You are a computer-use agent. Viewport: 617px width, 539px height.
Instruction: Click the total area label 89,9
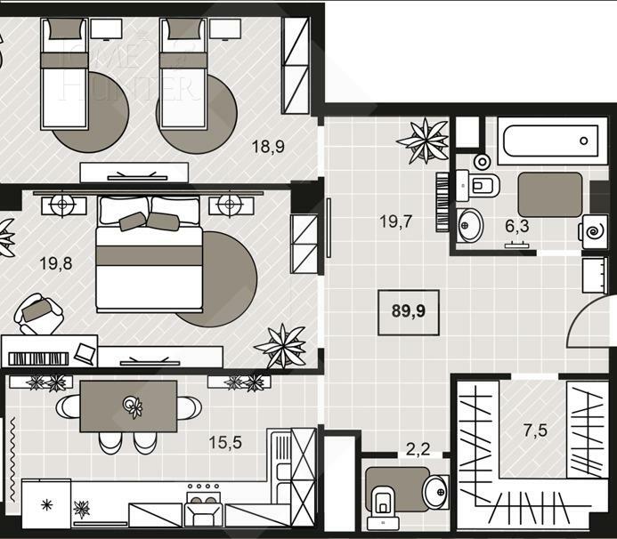(408, 311)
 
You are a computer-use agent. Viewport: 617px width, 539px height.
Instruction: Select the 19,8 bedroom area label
(55, 263)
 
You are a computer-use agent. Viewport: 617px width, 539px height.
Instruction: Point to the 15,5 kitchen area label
(225, 441)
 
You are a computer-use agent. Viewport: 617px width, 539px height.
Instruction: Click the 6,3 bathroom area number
(517, 226)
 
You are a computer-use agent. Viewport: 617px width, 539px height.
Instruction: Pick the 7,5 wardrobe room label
(536, 431)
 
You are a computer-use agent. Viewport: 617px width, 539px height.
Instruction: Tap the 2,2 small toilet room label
(417, 449)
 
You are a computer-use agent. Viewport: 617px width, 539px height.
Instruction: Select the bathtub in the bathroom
(546, 141)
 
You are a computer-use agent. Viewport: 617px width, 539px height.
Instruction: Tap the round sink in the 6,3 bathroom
(471, 225)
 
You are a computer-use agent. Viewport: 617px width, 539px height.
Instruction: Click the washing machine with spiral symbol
(594, 229)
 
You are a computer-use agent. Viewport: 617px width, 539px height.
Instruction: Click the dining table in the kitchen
(128, 406)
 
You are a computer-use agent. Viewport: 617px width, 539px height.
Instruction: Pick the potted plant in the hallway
(421, 140)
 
